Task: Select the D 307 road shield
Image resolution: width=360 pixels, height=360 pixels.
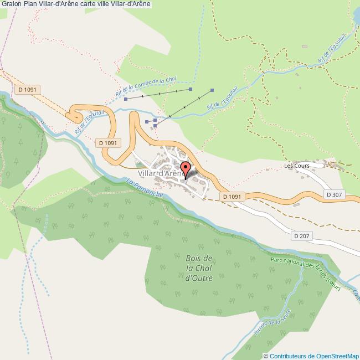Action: [x=335, y=194]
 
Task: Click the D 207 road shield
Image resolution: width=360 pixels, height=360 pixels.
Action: [x=302, y=235]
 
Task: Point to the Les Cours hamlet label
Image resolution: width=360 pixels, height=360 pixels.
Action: [x=296, y=165]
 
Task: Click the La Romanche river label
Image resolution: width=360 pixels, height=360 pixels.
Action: [x=145, y=188]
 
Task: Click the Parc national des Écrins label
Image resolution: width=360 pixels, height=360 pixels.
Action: [x=305, y=271]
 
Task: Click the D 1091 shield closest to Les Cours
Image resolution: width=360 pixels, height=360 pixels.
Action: [x=232, y=197]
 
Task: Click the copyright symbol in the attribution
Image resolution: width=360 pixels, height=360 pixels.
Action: [x=266, y=356]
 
